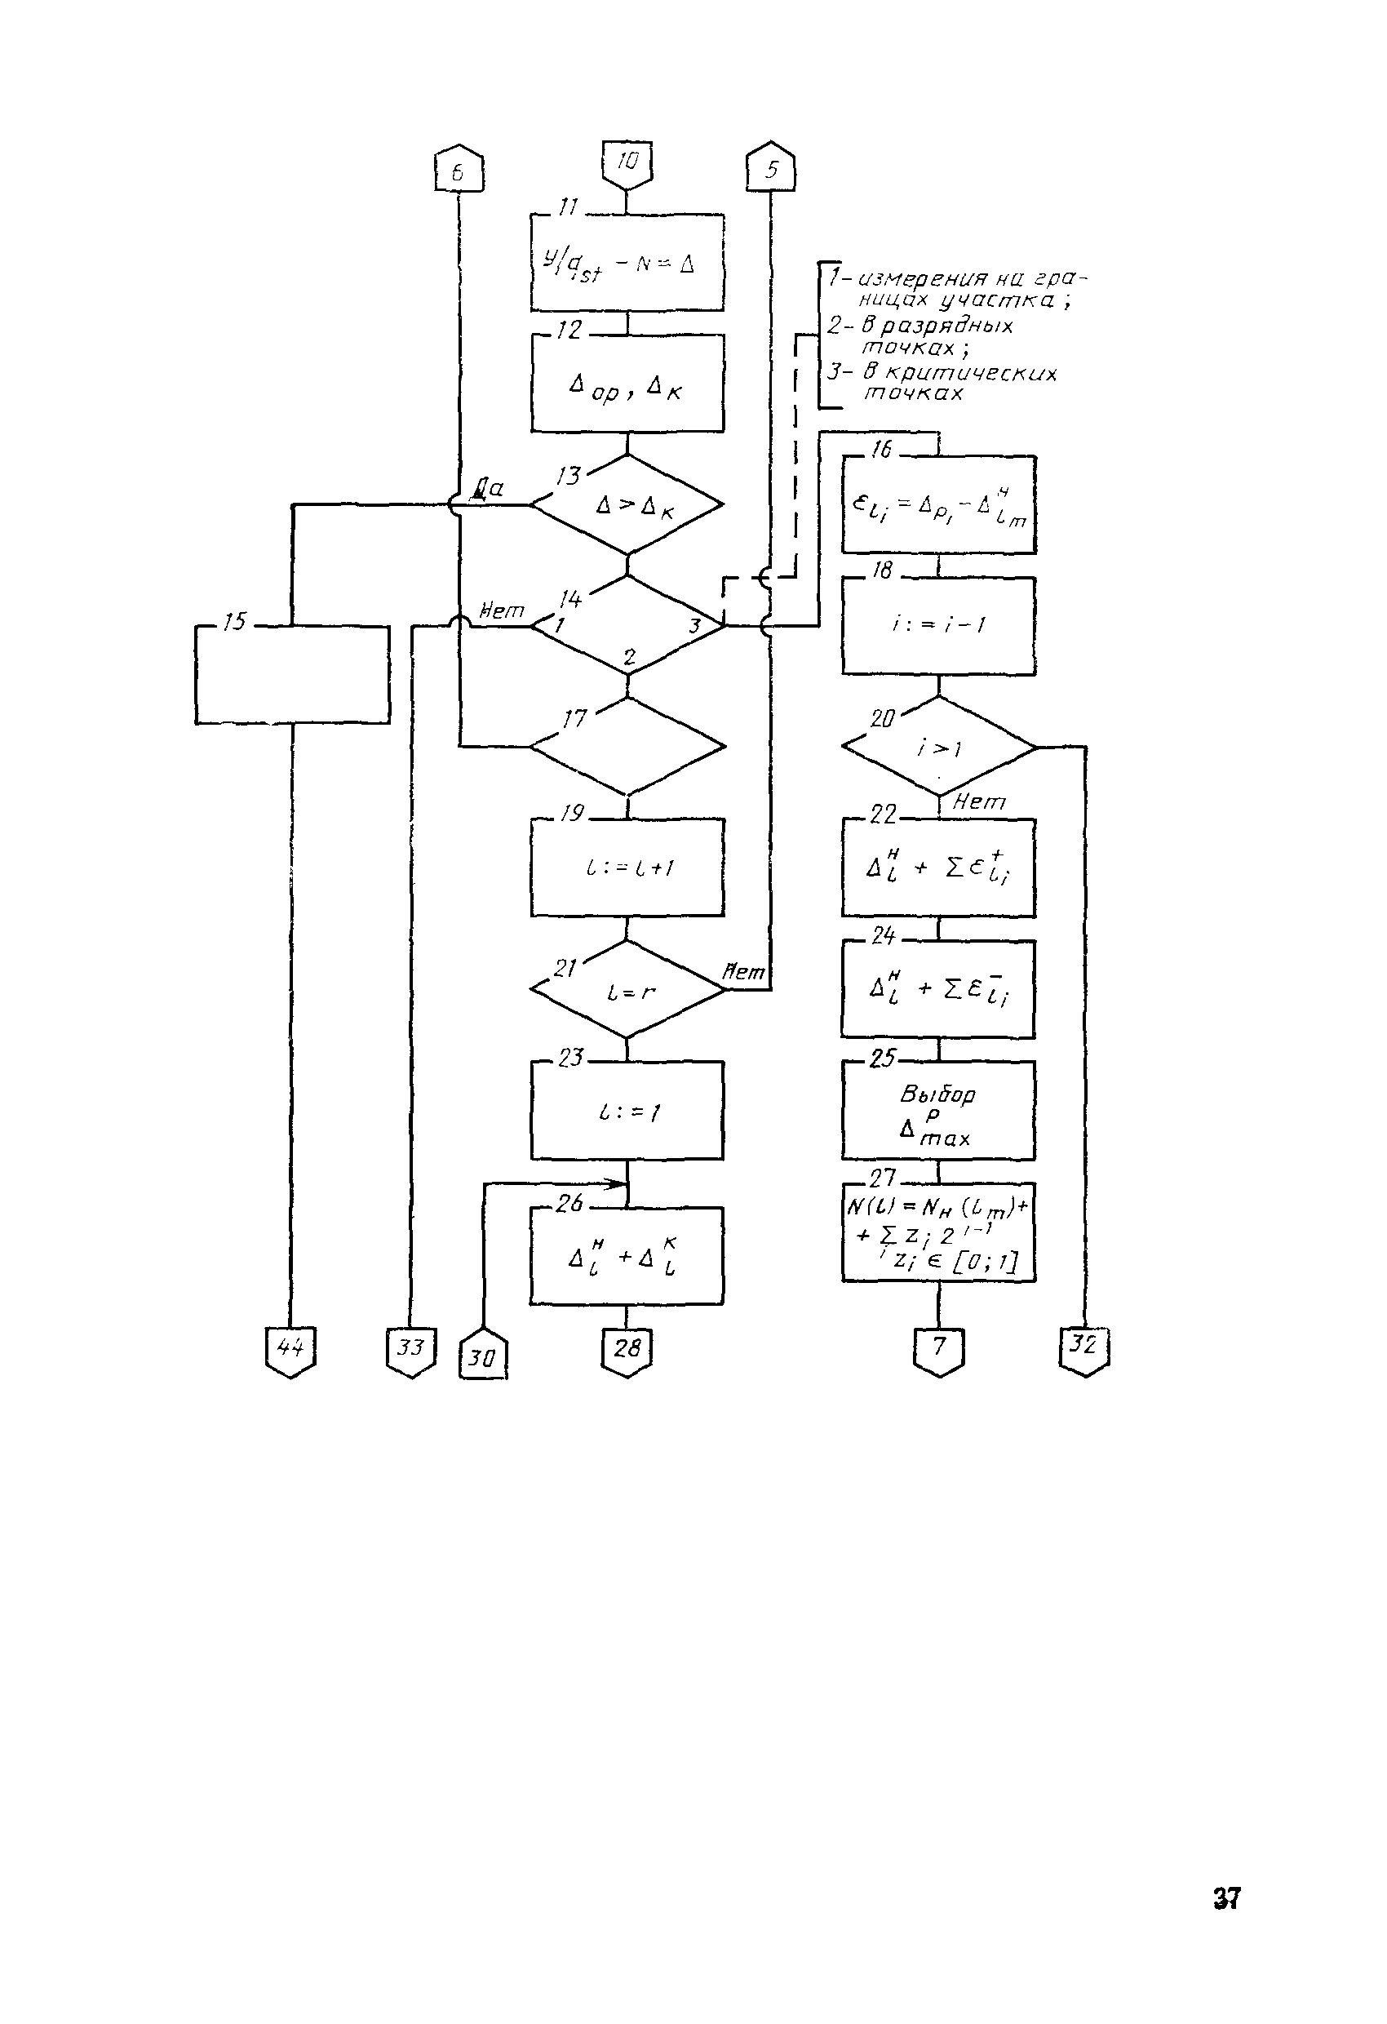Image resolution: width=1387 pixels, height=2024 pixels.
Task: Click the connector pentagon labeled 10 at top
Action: (x=627, y=164)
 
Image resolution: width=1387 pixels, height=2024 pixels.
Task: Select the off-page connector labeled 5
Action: (x=770, y=168)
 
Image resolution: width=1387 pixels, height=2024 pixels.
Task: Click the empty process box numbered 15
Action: (x=292, y=674)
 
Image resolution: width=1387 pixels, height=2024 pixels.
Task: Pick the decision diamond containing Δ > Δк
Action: (x=627, y=504)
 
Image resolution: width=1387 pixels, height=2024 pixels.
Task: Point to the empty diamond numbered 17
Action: (x=627, y=747)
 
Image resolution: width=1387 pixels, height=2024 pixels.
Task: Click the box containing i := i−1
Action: (x=938, y=625)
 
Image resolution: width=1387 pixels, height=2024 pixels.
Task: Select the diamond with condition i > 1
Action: (x=938, y=748)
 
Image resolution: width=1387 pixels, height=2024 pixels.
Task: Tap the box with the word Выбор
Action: (x=938, y=1111)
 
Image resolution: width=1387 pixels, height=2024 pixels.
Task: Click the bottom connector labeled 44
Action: (x=290, y=1351)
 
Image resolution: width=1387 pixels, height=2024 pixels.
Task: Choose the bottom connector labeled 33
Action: (x=410, y=1351)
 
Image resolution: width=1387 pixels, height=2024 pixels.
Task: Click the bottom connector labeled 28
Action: (x=627, y=1351)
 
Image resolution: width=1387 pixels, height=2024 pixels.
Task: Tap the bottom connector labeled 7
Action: (x=938, y=1351)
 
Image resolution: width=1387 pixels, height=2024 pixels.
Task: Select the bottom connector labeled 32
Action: (x=1084, y=1349)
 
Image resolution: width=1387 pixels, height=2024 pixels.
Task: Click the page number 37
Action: (x=1226, y=1897)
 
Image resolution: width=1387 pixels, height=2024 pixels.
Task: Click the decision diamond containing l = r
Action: (x=627, y=989)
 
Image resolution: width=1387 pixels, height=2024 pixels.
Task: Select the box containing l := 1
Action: (x=627, y=1111)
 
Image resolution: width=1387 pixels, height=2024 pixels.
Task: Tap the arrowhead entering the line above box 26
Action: (x=620, y=1183)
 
